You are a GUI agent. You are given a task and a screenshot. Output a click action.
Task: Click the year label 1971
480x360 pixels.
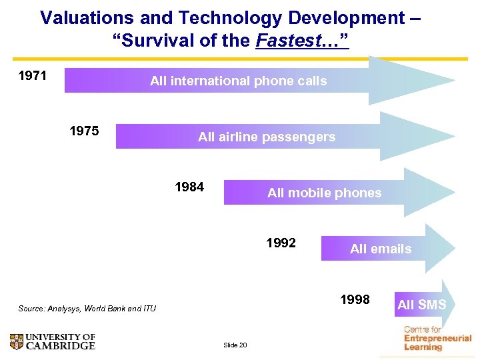pos(32,75)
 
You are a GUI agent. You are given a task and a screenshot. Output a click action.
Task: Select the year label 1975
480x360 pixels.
pos(85,131)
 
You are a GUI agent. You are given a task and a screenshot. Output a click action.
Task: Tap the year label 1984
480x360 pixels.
pos(189,187)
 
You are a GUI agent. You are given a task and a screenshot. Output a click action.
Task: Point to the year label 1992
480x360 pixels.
pos(281,243)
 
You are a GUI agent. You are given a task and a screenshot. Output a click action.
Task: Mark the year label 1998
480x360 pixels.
pos(355,299)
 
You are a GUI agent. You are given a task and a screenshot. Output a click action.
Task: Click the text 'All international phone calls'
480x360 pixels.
pos(238,81)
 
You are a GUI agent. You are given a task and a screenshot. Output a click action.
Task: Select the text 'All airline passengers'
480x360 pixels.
pos(267,137)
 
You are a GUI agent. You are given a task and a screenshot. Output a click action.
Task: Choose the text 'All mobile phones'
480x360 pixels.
pos(324,193)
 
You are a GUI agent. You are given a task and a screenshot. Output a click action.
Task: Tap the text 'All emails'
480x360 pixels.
pos(381,249)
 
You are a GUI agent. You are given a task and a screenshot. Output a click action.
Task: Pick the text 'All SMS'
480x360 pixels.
pos(421,305)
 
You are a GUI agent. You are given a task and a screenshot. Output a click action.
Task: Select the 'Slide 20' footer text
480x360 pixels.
pos(235,345)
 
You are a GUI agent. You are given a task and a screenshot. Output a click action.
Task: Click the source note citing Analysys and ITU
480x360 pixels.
pos(87,309)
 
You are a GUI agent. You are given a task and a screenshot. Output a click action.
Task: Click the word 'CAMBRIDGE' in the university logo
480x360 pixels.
pos(60,345)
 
